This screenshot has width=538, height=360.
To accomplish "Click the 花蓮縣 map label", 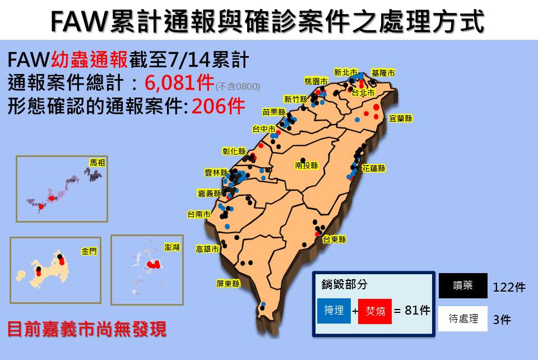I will pos(373,168).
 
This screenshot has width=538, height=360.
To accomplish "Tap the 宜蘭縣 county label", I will pos(400,118).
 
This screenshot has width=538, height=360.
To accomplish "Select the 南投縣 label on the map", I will pos(307,165).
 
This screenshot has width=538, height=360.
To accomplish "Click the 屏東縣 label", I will pos(228,284).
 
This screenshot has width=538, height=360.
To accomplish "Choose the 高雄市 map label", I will pos(207,249).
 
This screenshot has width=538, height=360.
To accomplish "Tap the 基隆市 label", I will pos(383,73).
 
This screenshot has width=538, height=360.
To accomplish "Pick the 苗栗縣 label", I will pos(274,112).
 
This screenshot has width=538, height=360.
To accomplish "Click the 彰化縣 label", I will pos(234,151).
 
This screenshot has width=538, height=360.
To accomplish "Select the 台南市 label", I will pos(199,214).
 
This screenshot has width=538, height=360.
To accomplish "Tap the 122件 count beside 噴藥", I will pos(509,287).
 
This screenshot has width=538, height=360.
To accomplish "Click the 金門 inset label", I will pos(89,252).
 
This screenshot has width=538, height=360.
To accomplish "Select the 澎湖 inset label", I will pos(172,247).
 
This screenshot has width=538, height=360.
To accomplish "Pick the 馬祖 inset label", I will pos(98,163).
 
